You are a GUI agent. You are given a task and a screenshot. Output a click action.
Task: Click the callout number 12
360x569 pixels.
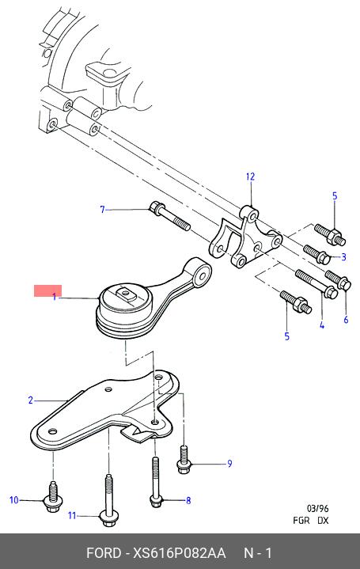coord(250,176)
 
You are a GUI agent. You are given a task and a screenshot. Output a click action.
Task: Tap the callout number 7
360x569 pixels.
coord(102,210)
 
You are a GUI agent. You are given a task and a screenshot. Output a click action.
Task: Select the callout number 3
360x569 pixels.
coord(343,257)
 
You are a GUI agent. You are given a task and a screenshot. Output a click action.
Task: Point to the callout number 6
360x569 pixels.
coord(346,320)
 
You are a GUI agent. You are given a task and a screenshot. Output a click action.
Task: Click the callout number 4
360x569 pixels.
coord(322,325)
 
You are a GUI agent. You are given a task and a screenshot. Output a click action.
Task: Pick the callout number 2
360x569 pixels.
coord(31,400)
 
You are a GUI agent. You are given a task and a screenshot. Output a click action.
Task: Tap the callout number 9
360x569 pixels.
coord(229,464)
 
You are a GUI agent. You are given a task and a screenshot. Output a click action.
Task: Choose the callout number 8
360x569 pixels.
coord(188,500)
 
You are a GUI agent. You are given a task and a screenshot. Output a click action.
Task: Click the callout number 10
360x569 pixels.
coord(13,500)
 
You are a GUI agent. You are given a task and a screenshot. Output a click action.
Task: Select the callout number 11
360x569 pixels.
coord(72,515)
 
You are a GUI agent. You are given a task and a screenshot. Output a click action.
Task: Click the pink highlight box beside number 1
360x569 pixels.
coord(48,290)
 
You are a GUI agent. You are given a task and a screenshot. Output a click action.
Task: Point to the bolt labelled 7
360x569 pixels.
coord(169,216)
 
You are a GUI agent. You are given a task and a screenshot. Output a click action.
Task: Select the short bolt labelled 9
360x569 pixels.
coord(184,460)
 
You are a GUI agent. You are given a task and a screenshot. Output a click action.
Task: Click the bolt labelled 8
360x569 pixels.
coord(155,482)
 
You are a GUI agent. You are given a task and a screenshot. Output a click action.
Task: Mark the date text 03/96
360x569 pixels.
coord(317,508)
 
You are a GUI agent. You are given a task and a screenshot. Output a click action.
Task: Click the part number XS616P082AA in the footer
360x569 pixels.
coord(180,553)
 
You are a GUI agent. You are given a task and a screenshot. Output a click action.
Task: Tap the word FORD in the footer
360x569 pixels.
coord(104,553)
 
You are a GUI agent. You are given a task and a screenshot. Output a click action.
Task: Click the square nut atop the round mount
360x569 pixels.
coord(125,293)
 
